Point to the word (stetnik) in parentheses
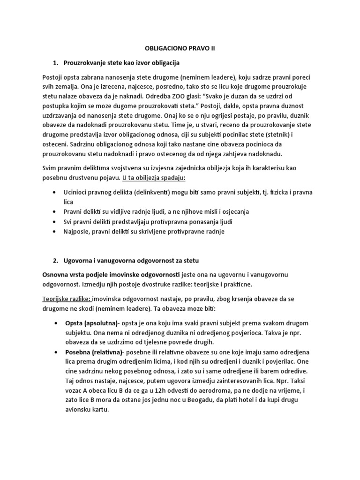pyautogui.click(x=288, y=136)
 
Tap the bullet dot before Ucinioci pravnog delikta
pyautogui.click(x=55, y=193)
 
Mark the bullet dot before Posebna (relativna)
pyautogui.click(x=55, y=352)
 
